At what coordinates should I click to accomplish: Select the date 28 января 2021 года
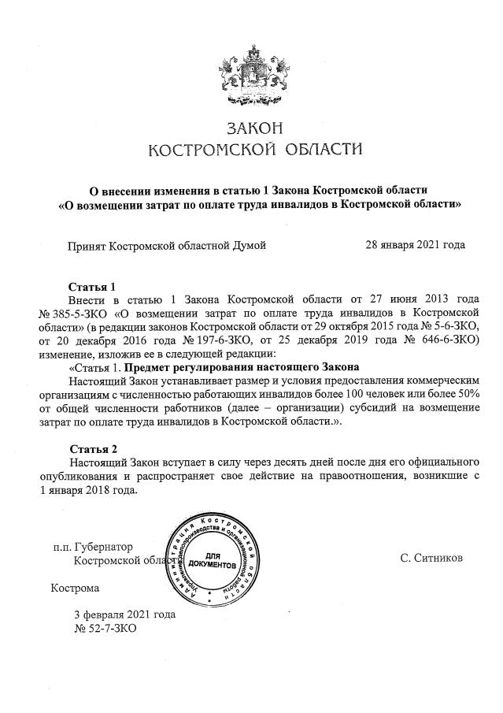point(415,245)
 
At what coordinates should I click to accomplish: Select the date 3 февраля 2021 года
point(124,615)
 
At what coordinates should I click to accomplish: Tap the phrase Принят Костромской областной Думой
point(167,245)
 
